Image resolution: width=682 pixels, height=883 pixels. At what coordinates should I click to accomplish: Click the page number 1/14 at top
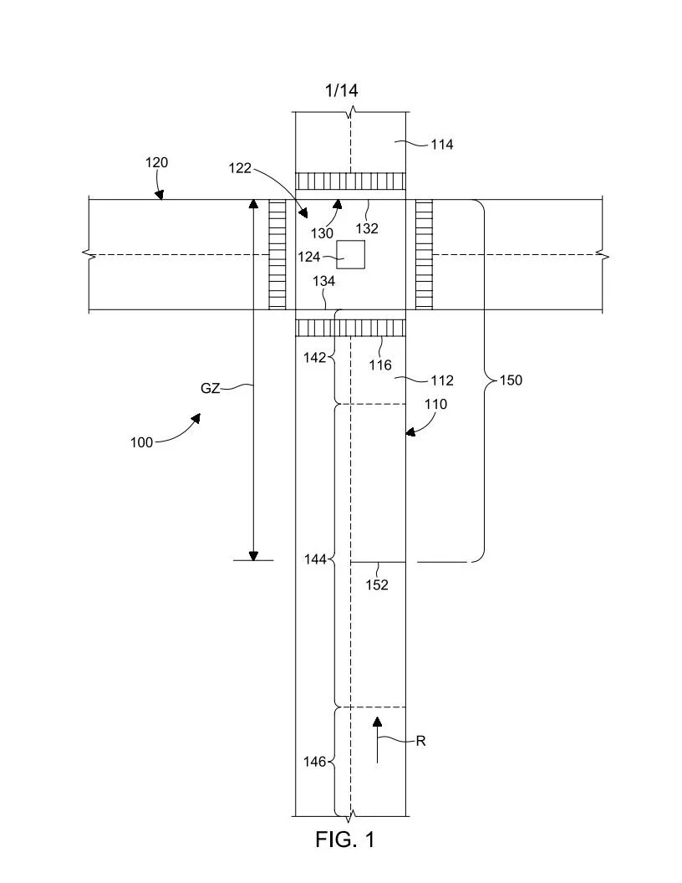(342, 90)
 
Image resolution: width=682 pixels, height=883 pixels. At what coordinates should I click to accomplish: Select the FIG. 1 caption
(344, 840)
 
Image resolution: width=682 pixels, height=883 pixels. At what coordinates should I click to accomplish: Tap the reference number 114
(441, 145)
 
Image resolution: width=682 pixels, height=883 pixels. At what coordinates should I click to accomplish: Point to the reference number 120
(156, 163)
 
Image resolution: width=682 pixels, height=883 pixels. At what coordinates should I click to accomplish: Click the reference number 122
(240, 168)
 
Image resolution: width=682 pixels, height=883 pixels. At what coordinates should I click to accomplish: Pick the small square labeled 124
(351, 254)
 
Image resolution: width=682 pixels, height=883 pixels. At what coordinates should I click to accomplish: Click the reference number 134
(323, 282)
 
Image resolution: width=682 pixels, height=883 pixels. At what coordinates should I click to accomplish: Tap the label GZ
(210, 388)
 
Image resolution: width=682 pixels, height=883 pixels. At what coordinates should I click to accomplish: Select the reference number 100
(141, 442)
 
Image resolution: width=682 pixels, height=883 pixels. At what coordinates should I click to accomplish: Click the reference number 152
(377, 585)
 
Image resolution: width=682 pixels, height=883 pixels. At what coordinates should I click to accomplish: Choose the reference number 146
(316, 762)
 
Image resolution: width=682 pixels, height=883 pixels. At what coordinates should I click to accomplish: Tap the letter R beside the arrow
(421, 741)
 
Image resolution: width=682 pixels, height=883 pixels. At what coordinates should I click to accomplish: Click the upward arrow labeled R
(377, 739)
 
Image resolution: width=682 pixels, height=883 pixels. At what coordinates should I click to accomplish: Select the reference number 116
(381, 365)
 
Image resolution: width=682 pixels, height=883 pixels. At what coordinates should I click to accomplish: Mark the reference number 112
(441, 380)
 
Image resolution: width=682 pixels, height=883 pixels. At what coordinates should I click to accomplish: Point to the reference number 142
(316, 357)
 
